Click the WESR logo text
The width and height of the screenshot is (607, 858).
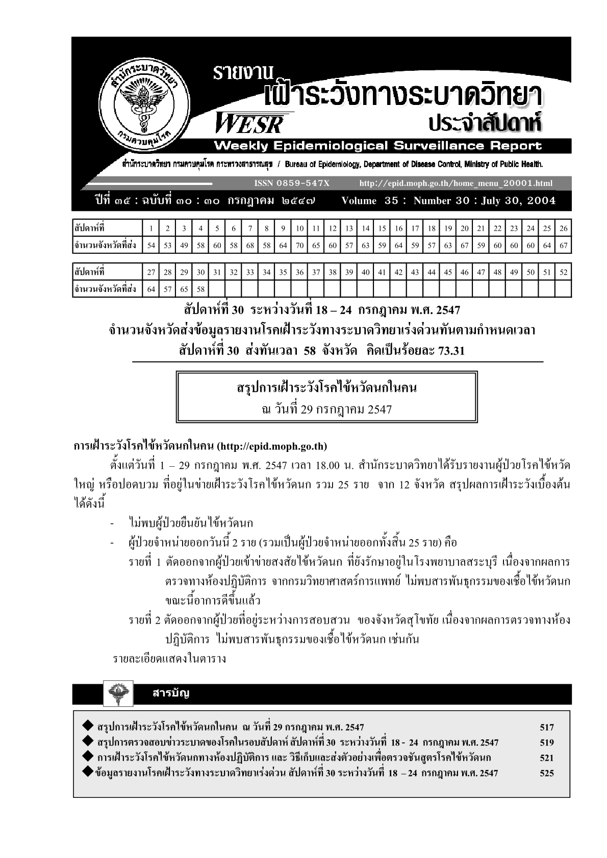(x=249, y=123)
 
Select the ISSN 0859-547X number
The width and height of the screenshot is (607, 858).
(x=291, y=183)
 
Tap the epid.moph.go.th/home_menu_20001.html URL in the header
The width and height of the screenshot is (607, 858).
(x=456, y=183)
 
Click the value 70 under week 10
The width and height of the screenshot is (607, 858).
(x=299, y=246)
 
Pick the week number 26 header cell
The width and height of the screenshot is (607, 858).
(x=563, y=228)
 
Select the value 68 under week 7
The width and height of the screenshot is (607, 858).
(x=250, y=246)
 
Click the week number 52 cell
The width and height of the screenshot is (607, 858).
(x=563, y=272)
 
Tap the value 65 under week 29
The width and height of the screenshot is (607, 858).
(x=184, y=289)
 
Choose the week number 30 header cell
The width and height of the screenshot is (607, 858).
(x=200, y=272)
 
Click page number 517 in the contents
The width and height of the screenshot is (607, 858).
(x=546, y=728)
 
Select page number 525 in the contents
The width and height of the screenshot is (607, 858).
(x=546, y=773)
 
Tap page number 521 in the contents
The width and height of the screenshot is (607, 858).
(x=546, y=758)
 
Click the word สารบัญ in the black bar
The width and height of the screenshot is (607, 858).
(x=171, y=693)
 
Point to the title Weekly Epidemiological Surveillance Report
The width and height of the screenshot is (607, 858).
(x=377, y=146)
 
